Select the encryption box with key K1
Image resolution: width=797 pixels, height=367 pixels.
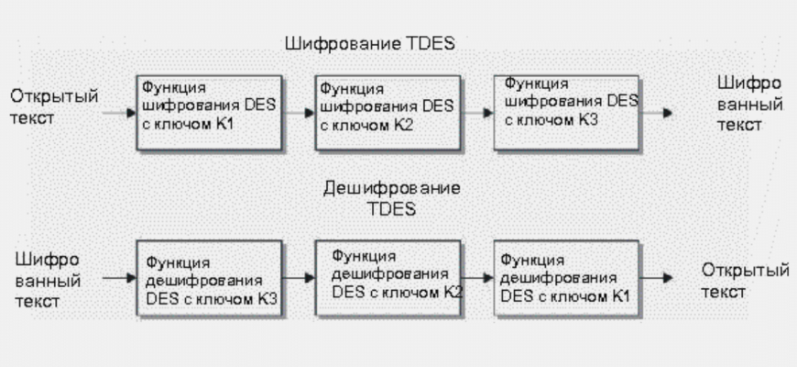(208, 111)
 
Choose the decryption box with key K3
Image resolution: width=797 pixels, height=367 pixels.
(208, 274)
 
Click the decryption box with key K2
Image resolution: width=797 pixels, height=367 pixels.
(386, 274)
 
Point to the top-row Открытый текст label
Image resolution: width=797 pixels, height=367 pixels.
(54, 107)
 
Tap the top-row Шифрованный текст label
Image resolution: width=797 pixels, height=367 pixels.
(750, 104)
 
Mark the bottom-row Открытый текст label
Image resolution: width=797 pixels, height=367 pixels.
(745, 280)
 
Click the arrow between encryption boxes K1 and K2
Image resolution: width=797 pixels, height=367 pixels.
(298, 113)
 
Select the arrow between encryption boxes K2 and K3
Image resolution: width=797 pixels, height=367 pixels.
(476, 113)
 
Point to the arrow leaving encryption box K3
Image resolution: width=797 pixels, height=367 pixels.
(656, 113)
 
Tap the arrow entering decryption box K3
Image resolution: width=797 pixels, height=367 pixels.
(117, 274)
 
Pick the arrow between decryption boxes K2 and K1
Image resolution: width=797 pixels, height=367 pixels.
(476, 274)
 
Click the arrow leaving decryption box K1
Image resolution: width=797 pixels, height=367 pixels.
(656, 274)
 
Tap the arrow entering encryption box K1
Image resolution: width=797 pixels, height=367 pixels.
(117, 113)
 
